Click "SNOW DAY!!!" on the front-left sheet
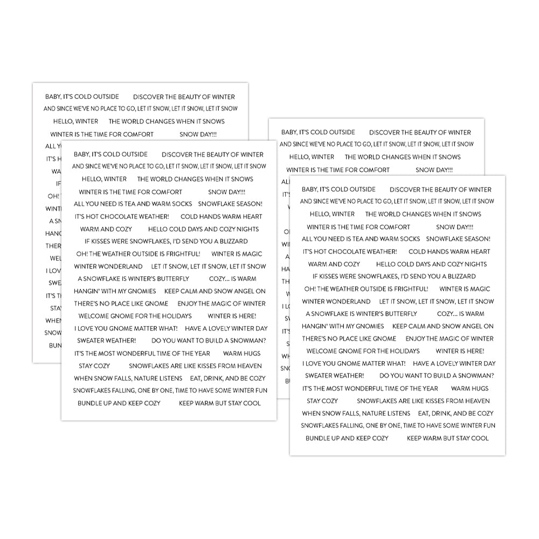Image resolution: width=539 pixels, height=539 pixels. [226, 192]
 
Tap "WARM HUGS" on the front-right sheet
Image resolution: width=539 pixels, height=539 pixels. [469, 389]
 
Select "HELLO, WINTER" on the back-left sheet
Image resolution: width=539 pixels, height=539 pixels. [75, 121]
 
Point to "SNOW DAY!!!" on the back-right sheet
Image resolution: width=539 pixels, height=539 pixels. [434, 170]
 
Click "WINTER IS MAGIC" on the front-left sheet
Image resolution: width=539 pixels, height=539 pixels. [237, 254]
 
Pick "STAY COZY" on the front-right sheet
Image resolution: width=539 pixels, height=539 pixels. [322, 401]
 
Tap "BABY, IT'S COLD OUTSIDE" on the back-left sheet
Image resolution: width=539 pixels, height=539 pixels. [82, 97]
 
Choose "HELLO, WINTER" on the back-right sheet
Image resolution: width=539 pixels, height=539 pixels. [312, 157]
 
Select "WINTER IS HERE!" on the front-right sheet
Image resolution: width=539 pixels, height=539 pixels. [460, 351]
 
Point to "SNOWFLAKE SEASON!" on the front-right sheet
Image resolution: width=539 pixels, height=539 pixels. [458, 239]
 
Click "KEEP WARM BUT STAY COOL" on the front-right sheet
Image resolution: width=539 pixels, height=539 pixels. [447, 438]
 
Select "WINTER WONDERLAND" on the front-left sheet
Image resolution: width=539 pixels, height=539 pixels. [108, 266]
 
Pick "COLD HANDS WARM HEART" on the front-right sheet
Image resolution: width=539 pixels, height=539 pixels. [450, 252]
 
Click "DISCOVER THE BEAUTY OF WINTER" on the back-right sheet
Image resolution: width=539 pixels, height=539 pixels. [420, 133]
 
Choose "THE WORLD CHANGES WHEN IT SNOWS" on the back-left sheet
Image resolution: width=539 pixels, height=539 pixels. [167, 121]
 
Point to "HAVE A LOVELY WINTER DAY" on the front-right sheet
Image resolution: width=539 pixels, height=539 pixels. [454, 364]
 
